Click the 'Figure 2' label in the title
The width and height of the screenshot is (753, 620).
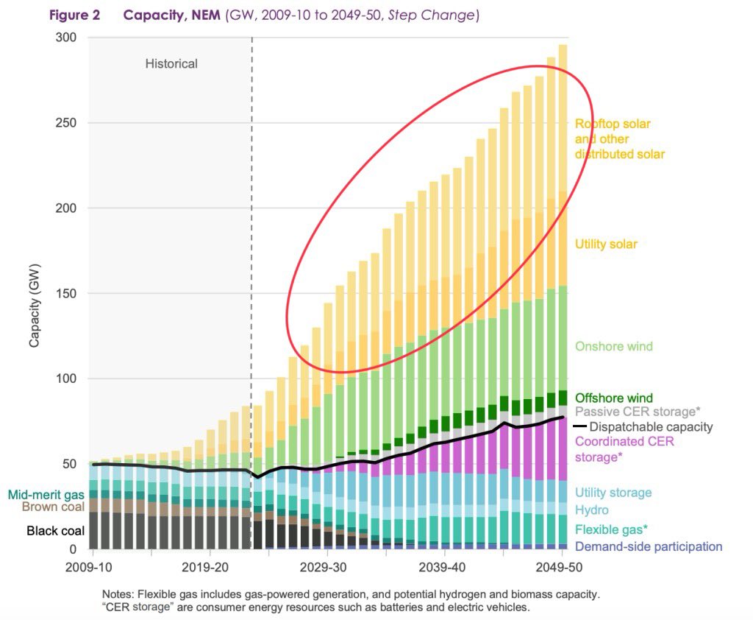[x=74, y=15]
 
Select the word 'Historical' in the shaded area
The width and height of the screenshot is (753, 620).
[x=171, y=63]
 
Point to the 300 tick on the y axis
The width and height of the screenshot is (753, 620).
[x=65, y=38]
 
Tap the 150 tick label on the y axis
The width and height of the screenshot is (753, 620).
[x=65, y=293]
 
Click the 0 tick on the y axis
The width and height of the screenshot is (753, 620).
[x=73, y=549]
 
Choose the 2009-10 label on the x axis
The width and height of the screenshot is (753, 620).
[x=89, y=567]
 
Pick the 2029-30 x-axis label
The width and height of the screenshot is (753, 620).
[x=324, y=567]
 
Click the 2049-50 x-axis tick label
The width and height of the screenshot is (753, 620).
[x=559, y=567]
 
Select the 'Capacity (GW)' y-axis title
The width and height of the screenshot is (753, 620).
[x=34, y=306]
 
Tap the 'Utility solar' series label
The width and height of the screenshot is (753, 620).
[x=606, y=244]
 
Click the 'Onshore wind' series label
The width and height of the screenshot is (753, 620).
[x=614, y=346]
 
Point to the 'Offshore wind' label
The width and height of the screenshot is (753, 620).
[x=614, y=398]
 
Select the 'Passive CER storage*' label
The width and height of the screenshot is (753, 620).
[x=638, y=412]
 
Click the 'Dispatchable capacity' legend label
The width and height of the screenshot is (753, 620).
[x=651, y=426]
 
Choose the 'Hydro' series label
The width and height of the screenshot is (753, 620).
[x=592, y=510]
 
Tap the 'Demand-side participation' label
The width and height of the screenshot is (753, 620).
[x=649, y=546]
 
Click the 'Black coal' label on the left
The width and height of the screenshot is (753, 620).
[x=55, y=531]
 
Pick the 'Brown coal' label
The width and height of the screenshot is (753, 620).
[x=53, y=507]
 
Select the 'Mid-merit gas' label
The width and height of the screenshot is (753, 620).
[x=46, y=495]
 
